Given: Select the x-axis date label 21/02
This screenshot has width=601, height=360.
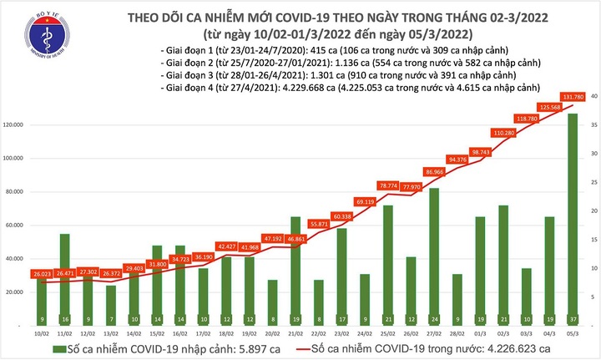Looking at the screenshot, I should coord(295,332).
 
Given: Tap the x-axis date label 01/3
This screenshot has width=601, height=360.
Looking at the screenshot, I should coord(479,332).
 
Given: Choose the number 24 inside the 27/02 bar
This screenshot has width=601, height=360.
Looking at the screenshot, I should coord(433,319).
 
